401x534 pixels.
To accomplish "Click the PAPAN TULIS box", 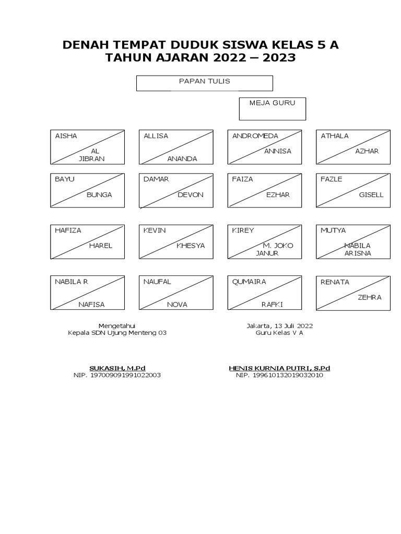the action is (x=204, y=83).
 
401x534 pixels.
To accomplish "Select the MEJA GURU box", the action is (x=272, y=108).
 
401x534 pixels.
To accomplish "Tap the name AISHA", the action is (x=66, y=136).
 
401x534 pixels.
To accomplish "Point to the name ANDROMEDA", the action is (x=255, y=136).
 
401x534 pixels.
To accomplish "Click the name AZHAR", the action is (x=367, y=151).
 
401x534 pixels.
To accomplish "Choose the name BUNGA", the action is (x=99, y=195).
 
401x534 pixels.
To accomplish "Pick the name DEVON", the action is (x=191, y=195).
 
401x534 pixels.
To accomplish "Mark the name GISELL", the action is (x=371, y=195).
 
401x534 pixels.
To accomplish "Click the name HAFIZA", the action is (x=68, y=230).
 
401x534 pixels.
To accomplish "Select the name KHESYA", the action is (x=191, y=246).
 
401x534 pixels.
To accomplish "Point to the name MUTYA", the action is (x=333, y=230).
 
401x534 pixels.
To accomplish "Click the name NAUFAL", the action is (x=157, y=282).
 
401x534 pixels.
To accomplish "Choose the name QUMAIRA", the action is (x=249, y=282).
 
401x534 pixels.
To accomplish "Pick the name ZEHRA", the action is (x=369, y=297).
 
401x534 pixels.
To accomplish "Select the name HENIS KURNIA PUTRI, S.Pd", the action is (x=279, y=368).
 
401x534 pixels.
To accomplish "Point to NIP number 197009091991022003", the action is (x=125, y=375).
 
